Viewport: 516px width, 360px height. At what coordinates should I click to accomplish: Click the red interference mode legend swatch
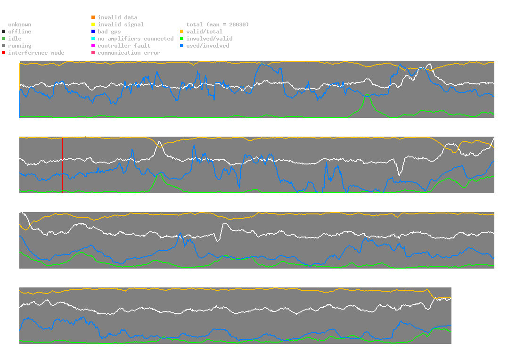(4, 53)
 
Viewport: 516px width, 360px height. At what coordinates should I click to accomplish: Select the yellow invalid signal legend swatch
(93, 25)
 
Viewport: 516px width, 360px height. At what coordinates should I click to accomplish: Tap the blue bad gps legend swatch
(93, 32)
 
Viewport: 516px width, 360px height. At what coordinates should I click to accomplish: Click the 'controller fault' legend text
(124, 46)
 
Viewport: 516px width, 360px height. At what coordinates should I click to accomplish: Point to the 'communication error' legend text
(129, 53)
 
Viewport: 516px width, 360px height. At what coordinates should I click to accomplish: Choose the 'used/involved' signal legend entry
(208, 46)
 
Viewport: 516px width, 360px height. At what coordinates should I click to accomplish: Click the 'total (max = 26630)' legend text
(217, 25)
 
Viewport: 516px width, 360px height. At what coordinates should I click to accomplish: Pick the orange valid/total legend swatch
(181, 32)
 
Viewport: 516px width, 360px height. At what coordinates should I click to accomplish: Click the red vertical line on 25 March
(62, 165)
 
